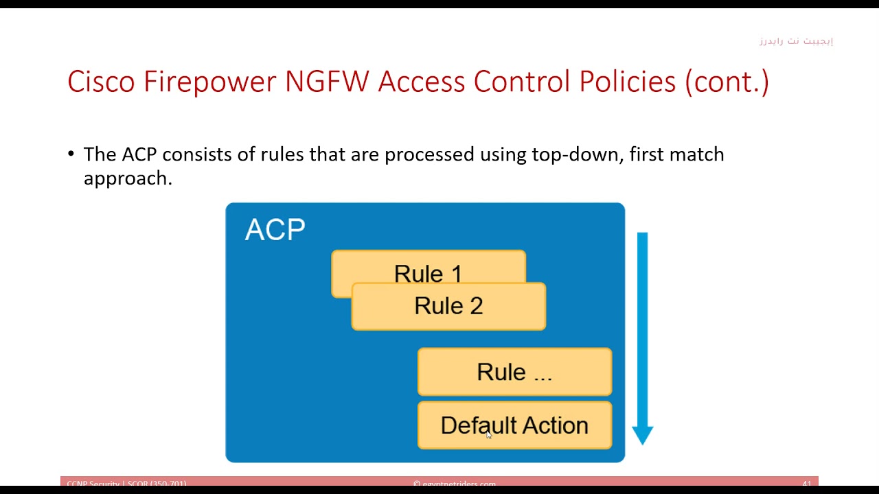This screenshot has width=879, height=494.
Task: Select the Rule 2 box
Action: (448, 307)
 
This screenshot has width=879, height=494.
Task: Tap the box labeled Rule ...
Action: (514, 372)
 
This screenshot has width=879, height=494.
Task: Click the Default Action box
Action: (514, 425)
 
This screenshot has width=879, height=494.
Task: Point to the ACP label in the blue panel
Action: (275, 231)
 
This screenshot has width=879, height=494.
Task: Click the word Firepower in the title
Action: (210, 82)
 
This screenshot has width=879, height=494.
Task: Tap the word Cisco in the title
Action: (101, 82)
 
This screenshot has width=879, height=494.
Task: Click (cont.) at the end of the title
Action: (727, 82)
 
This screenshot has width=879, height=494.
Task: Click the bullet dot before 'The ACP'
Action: (71, 154)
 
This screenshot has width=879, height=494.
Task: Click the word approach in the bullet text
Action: (126, 178)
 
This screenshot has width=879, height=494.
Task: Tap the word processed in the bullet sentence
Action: (429, 154)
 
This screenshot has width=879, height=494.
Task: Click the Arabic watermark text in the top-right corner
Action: (796, 41)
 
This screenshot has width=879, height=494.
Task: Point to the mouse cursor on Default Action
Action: (489, 434)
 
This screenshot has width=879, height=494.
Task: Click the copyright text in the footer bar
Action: (455, 484)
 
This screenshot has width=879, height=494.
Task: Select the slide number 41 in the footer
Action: (807, 484)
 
